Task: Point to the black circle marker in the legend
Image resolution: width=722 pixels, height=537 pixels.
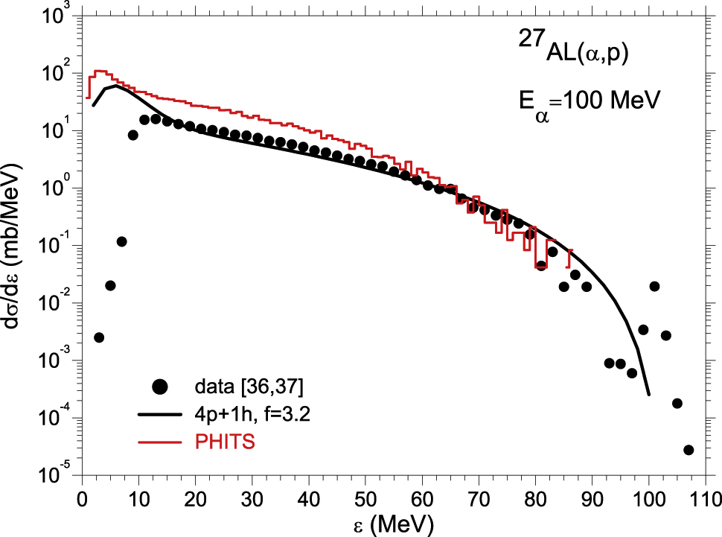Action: click(x=159, y=387)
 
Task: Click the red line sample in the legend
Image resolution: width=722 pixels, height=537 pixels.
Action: click(x=159, y=442)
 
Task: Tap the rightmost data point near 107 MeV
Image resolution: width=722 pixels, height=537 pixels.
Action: click(x=689, y=450)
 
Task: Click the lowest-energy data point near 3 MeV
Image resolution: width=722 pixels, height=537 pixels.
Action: click(x=99, y=337)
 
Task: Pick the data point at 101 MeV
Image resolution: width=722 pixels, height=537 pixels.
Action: click(x=654, y=286)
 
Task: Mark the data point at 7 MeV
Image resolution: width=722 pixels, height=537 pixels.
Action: click(x=121, y=241)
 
